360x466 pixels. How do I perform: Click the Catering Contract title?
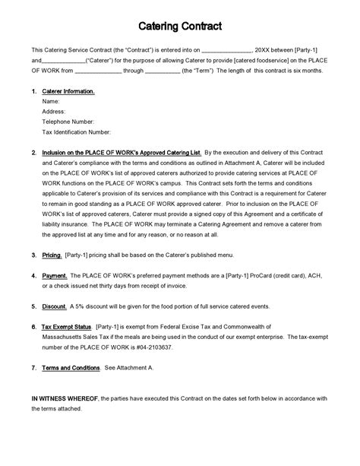tap(180, 27)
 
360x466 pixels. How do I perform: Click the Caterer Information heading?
tap(68, 91)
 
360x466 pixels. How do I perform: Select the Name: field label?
tap(51, 101)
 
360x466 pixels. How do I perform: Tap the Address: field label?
tap(54, 111)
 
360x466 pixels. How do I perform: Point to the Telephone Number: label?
tap(68, 121)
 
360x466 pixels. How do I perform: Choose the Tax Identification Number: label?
tap(77, 131)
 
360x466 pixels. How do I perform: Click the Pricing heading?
tap(52, 255)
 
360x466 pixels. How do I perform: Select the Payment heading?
tap(55, 275)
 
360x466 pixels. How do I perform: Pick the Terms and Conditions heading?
tap(71, 367)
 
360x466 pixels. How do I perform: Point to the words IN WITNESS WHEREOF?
tap(63, 398)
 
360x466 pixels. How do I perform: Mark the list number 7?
tap(33, 367)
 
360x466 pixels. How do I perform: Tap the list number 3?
tap(33, 255)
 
